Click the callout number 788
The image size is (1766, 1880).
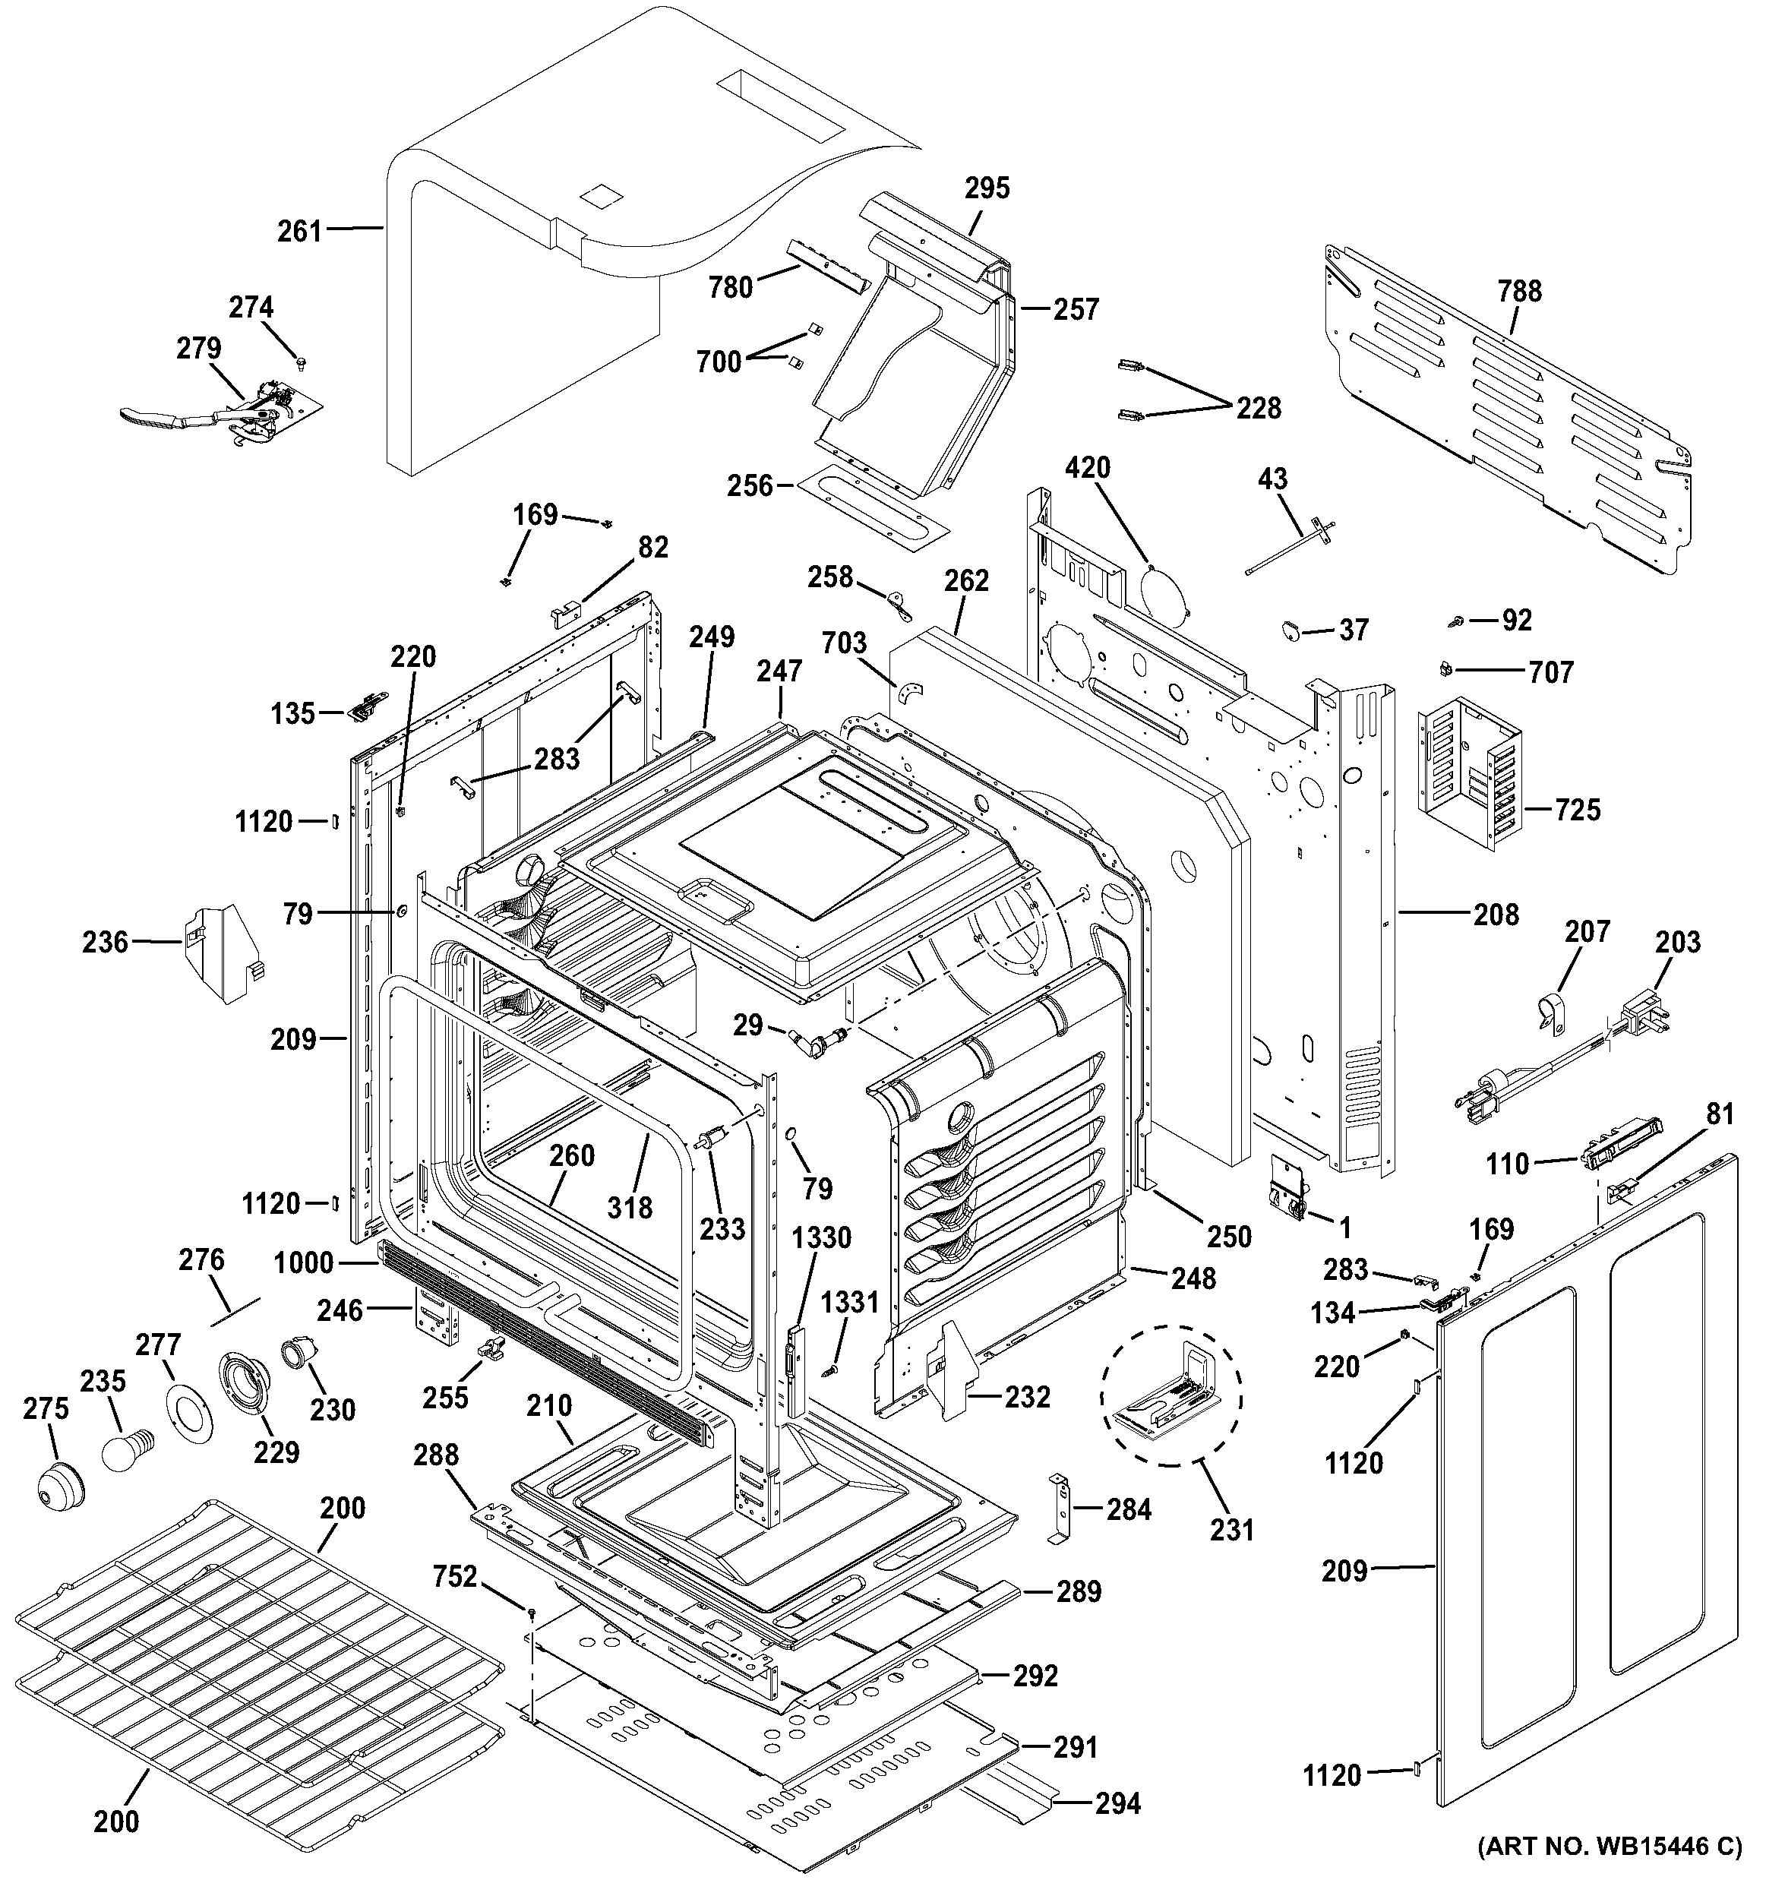(x=1519, y=291)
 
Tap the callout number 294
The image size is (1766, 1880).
(x=1117, y=1804)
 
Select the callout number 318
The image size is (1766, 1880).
(x=630, y=1208)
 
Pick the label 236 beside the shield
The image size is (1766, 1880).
(x=105, y=942)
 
